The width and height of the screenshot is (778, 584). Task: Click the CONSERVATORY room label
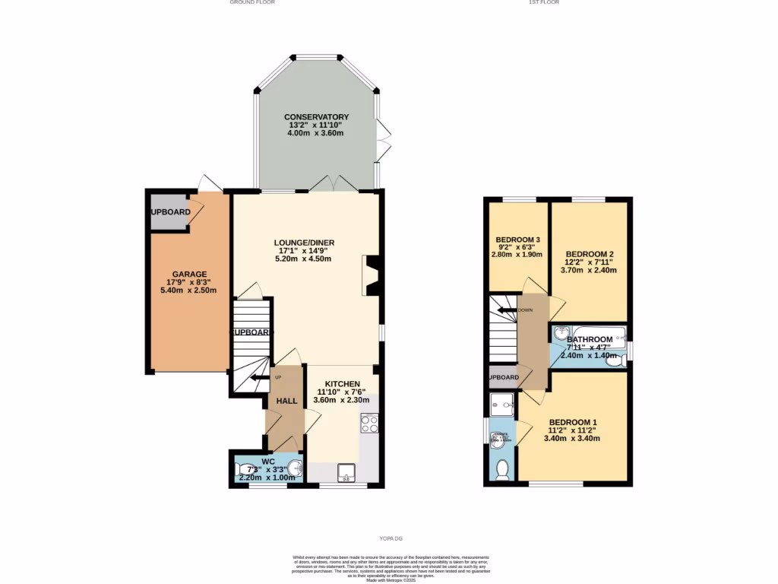pos(316,117)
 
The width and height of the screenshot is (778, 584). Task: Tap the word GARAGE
pos(189,274)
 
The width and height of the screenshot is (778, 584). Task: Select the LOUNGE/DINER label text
pos(304,243)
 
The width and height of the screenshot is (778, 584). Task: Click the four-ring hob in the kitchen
pos(369,423)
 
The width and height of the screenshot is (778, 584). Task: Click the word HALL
pos(286,401)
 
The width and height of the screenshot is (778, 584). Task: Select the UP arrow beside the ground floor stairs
pos(258,377)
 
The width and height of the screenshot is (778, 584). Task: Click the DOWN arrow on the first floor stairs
pos(508,310)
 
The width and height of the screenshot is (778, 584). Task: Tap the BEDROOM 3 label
pos(517,240)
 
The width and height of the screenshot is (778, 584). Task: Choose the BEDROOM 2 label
pos(589,254)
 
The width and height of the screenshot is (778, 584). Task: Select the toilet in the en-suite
pos(501,470)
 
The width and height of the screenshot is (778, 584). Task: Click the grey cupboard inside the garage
pos(169,211)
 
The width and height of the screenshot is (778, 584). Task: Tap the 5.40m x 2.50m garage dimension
pos(189,290)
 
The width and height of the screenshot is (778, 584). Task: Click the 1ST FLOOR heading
pos(544,3)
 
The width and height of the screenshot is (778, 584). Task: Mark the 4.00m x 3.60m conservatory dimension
pos(316,133)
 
